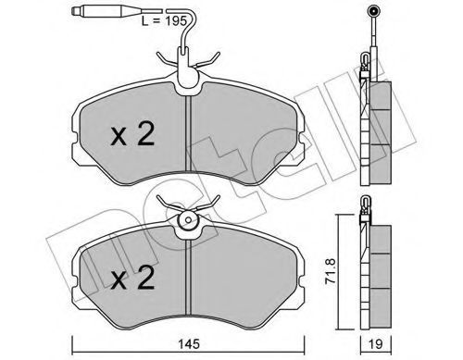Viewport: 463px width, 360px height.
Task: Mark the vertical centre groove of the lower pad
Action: [x=188, y=277]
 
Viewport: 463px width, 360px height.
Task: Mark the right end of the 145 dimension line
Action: [x=298, y=327]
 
